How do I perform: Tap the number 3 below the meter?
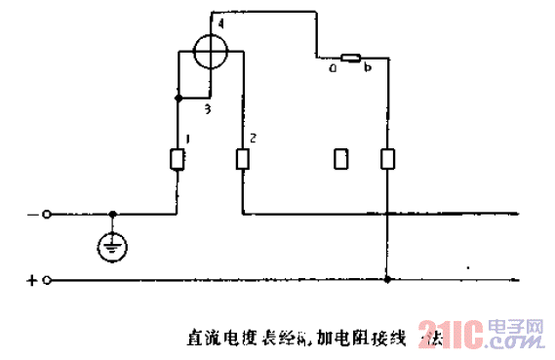tap(207, 108)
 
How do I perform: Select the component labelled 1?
tap(178, 159)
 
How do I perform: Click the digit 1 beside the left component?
tap(186, 140)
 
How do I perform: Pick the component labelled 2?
tap(242, 158)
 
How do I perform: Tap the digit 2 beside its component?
tap(252, 140)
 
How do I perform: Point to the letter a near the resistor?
tap(333, 69)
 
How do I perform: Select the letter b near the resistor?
tap(368, 69)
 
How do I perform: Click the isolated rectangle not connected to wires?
tap(339, 159)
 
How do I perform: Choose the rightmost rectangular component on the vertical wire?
tap(387, 159)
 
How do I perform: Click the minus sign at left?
tap(31, 214)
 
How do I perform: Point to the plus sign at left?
tap(31, 281)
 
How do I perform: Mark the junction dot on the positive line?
tap(387, 281)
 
